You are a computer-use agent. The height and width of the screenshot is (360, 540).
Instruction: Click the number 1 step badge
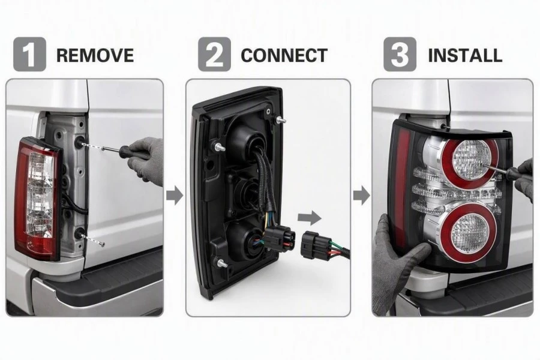[29, 55]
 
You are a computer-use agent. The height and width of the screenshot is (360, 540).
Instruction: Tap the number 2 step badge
[214, 55]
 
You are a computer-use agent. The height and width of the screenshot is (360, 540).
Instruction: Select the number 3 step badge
[400, 55]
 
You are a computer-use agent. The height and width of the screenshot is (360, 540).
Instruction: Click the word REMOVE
[95, 55]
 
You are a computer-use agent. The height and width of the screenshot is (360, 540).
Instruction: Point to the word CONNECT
[284, 55]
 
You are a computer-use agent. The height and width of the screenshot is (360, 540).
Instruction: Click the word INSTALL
[465, 55]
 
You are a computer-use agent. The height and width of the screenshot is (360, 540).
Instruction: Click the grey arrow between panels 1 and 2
[175, 196]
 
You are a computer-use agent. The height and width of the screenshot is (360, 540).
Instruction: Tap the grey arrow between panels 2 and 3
[362, 196]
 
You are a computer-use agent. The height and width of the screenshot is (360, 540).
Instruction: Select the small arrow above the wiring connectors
[309, 218]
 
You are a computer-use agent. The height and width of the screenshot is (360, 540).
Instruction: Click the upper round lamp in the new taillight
[470, 159]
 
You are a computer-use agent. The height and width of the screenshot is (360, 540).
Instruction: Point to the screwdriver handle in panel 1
[134, 152]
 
